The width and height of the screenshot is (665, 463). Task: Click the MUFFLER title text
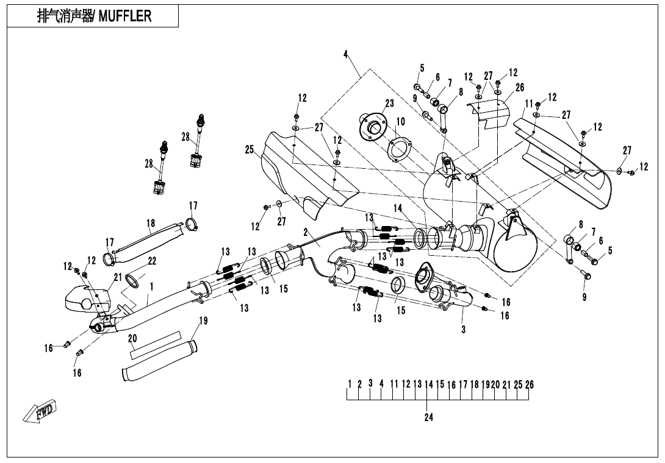pos(94,16)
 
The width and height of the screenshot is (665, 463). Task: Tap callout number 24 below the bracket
pos(429,418)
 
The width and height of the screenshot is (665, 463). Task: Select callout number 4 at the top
pos(345,55)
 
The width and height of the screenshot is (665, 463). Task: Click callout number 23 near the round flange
pos(389,104)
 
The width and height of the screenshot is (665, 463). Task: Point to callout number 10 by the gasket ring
pos(400,122)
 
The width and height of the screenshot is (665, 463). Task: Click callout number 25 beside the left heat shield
pos(249,149)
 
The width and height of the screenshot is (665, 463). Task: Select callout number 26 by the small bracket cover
pos(520,88)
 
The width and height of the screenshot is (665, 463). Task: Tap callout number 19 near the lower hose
pos(203,321)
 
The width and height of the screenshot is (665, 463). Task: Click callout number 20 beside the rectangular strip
pos(132,339)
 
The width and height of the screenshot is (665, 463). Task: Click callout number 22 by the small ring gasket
pos(152,261)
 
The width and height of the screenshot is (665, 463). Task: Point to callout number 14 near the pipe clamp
pos(398,208)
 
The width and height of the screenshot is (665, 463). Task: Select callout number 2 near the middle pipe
pos(306,232)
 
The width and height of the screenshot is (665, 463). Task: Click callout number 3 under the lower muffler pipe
pos(463,330)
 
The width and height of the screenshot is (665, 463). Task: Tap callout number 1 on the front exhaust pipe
pos(151,286)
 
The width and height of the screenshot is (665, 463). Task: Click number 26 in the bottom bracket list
pos(530,384)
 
